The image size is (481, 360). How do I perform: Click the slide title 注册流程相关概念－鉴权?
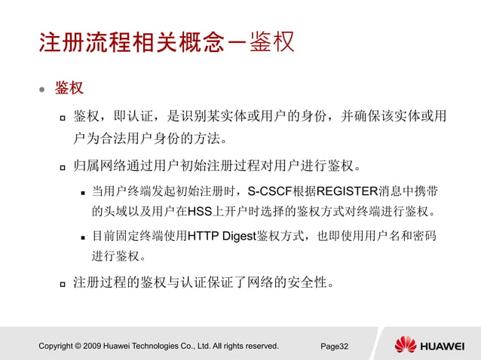coord(166,41)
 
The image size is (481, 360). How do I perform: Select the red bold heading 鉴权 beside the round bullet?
coord(69,88)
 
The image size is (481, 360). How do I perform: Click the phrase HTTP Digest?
coord(222,236)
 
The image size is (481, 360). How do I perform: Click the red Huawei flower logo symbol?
coord(406,346)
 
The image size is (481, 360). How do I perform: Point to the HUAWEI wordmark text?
coord(443,346)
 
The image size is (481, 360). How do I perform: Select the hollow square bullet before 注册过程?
coord(63,284)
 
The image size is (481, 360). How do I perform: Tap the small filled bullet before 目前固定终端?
coord(84,237)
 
